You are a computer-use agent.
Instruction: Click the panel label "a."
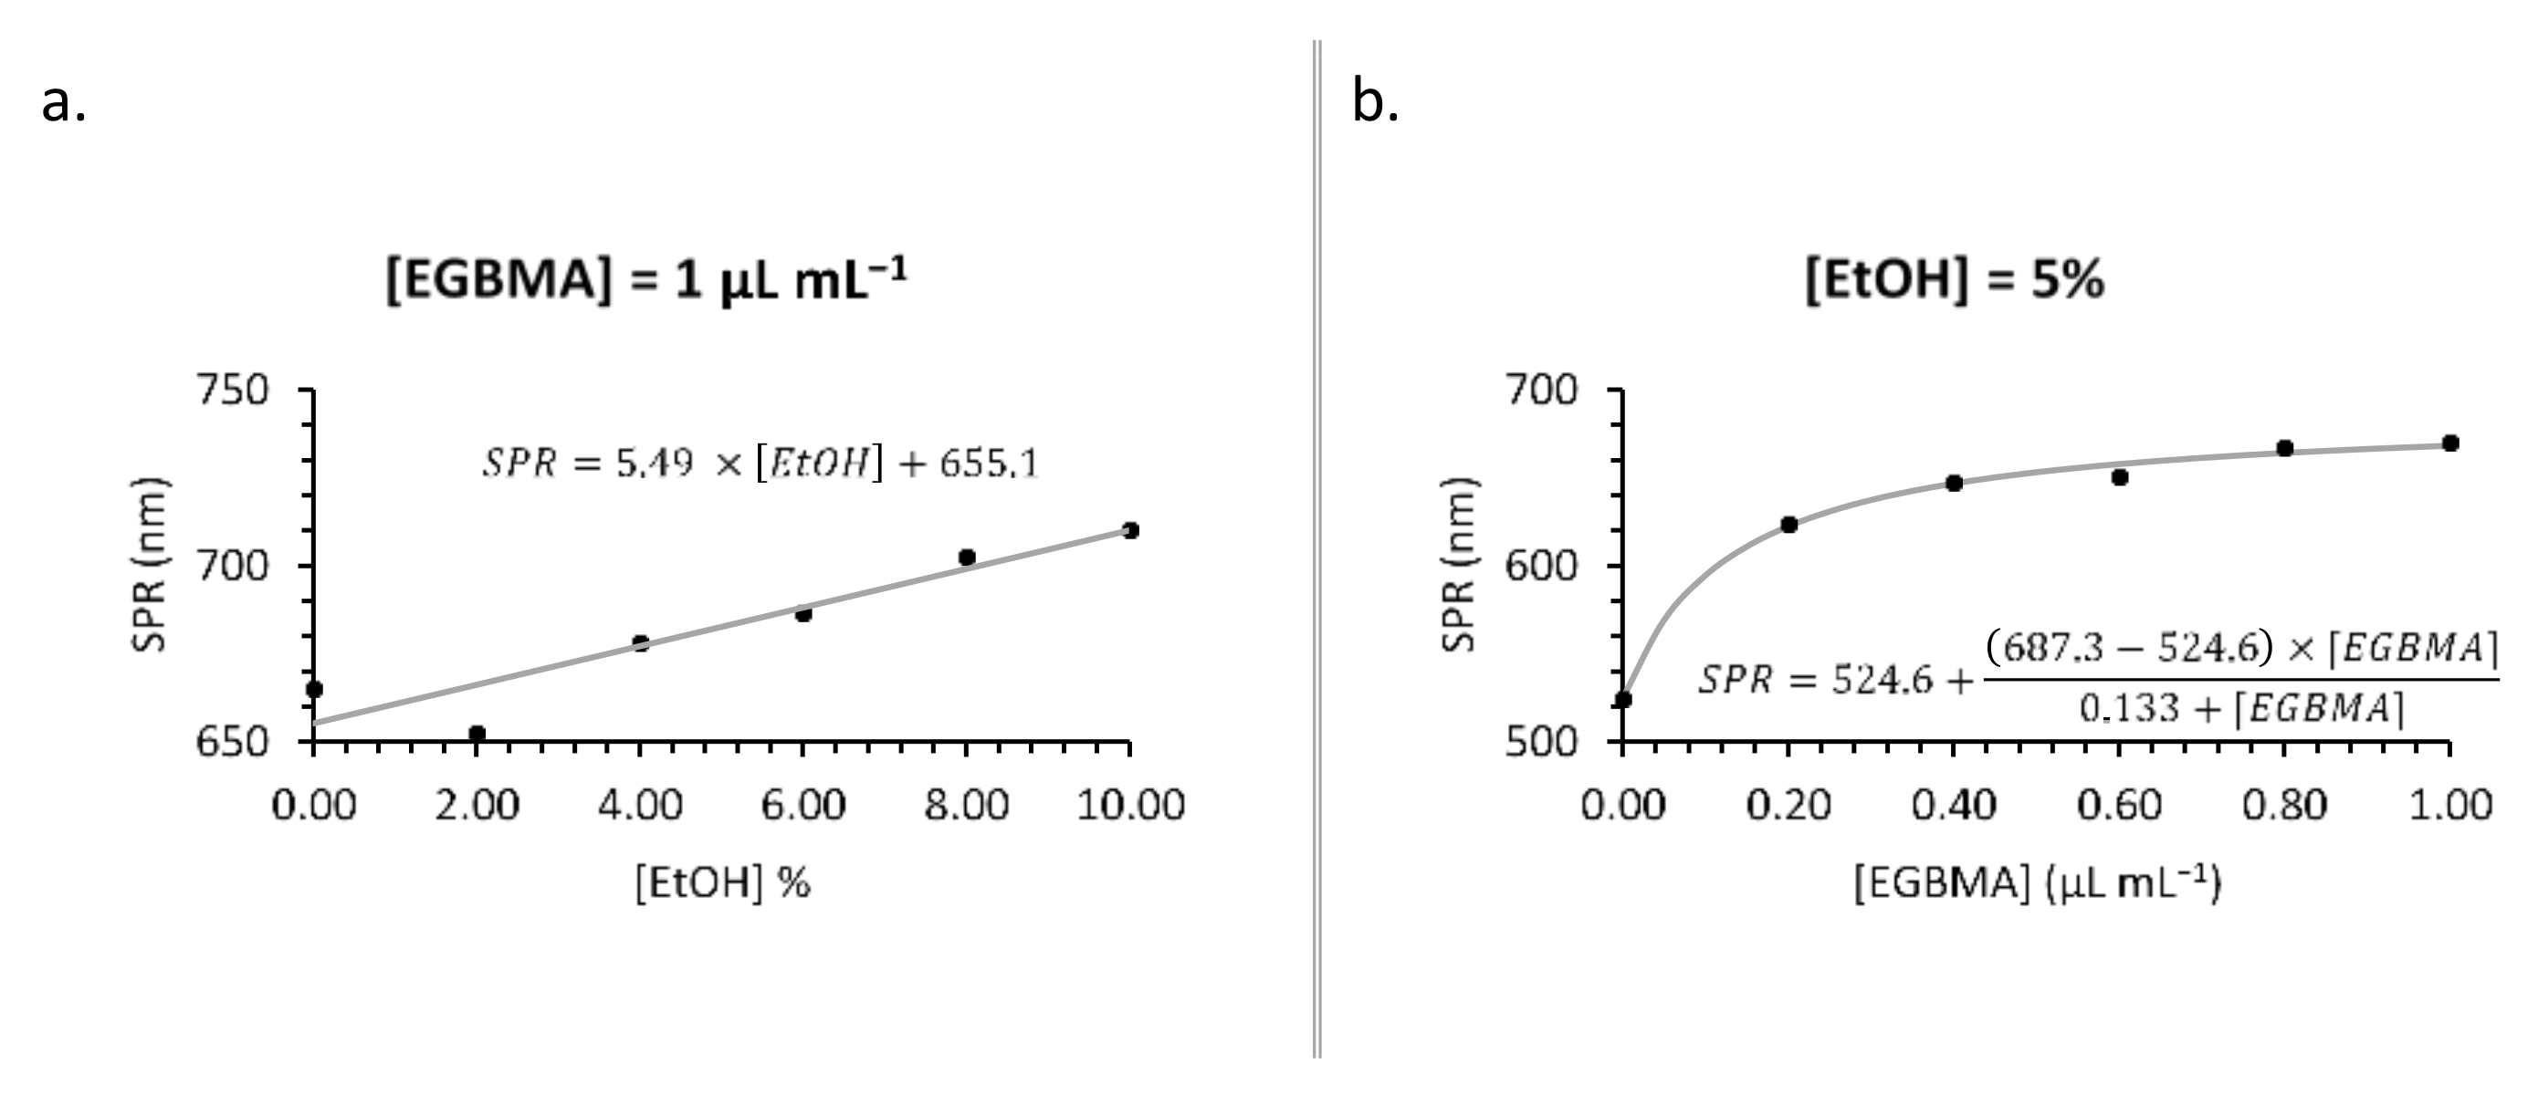point(64,102)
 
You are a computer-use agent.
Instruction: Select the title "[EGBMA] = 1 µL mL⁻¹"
point(645,281)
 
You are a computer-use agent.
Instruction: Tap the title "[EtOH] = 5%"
point(1955,281)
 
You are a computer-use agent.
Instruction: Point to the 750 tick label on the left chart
point(234,391)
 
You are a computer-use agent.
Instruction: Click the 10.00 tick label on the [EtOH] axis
point(1130,806)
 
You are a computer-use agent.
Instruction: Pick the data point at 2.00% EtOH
point(477,734)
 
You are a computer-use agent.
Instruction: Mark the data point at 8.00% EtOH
point(967,558)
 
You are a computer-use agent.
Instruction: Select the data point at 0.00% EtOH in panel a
point(314,689)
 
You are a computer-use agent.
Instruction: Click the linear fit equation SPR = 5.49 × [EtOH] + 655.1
point(760,463)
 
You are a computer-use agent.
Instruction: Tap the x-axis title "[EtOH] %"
point(722,883)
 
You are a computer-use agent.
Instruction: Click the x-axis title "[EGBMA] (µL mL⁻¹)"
point(2038,883)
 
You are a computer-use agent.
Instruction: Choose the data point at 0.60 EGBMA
point(2120,477)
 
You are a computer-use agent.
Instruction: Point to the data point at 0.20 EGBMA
point(1789,525)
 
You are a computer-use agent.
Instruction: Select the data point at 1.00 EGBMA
point(2450,443)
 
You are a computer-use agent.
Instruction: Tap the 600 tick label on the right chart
point(1542,567)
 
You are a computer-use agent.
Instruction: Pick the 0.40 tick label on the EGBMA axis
point(1954,806)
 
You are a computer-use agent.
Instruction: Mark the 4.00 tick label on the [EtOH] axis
point(640,806)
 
